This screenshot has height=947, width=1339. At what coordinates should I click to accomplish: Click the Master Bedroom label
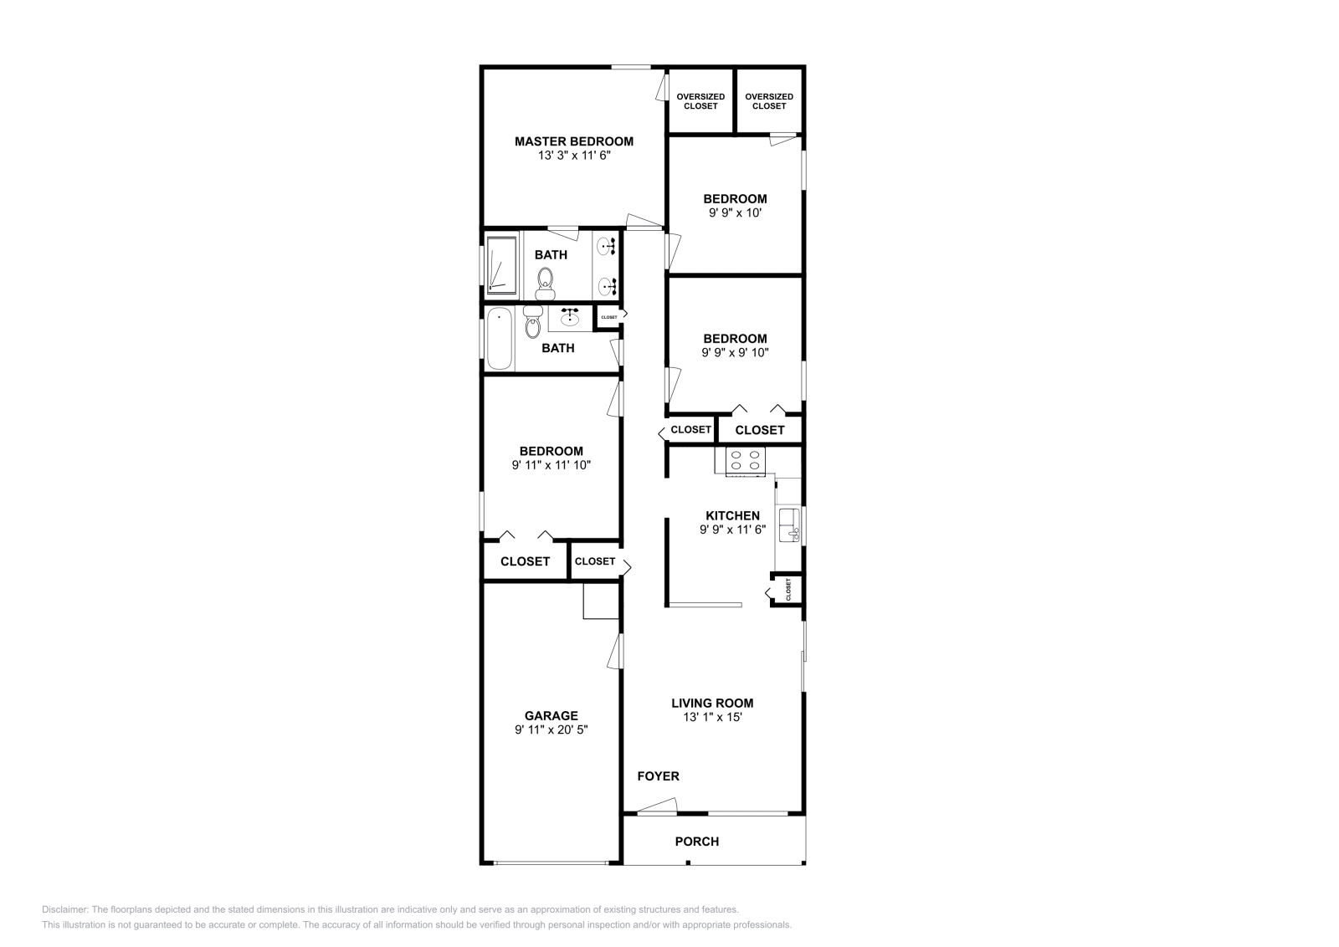tap(574, 141)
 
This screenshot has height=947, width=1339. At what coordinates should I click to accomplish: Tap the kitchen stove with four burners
tap(746, 461)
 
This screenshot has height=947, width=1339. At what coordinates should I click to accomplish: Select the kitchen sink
tap(790, 525)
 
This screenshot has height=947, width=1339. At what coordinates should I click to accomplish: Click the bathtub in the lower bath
tap(500, 339)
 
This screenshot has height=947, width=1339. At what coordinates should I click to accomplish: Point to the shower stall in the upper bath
tap(501, 265)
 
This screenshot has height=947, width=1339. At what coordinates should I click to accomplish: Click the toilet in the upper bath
tap(545, 284)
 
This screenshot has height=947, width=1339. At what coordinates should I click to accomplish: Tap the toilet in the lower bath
tap(532, 322)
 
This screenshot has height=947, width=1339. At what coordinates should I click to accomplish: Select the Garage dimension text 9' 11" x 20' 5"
tap(552, 729)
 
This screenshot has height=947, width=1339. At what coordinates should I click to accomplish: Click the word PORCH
tap(697, 842)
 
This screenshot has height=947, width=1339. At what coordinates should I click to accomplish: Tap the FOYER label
tap(658, 776)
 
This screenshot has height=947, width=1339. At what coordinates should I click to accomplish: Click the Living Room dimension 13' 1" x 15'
tap(712, 717)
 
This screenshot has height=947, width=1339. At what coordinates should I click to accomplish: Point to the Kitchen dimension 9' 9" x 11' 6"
tap(733, 530)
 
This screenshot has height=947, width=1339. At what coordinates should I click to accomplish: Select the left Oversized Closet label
tap(700, 101)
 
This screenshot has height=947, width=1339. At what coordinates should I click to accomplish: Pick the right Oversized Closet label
tap(769, 101)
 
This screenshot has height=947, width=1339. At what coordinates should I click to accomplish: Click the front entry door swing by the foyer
tap(657, 806)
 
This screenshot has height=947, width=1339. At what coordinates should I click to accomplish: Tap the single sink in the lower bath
tap(570, 317)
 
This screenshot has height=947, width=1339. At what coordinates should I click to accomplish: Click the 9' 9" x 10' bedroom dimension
tap(736, 212)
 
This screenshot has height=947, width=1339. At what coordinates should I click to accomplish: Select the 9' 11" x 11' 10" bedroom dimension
tap(552, 465)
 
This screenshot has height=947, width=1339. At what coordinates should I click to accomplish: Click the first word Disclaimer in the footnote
tap(65, 909)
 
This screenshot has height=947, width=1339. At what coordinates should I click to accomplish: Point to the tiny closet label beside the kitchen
tap(788, 589)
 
